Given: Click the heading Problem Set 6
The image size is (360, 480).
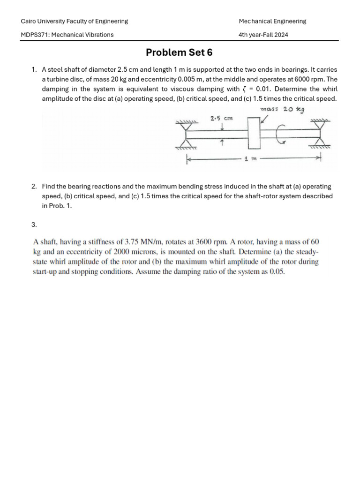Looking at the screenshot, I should pyautogui.click(x=179, y=52).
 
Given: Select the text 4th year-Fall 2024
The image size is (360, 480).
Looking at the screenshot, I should pyautogui.click(x=263, y=34).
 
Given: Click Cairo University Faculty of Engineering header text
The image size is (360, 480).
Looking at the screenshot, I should pyautogui.click(x=75, y=21).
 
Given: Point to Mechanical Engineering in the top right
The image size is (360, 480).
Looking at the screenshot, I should pyautogui.click(x=272, y=21).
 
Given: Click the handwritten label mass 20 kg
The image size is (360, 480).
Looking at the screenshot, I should pyautogui.click(x=282, y=109).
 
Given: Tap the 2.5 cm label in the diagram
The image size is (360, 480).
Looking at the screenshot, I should pyautogui.click(x=222, y=119).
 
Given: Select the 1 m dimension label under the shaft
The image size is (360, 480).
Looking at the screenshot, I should pyautogui.click(x=251, y=159).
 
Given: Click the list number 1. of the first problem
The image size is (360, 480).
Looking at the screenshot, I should pyautogui.click(x=34, y=69).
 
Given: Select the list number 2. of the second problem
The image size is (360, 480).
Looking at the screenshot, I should pyautogui.click(x=34, y=186).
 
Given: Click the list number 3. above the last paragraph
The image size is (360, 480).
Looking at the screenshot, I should pyautogui.click(x=34, y=225).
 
